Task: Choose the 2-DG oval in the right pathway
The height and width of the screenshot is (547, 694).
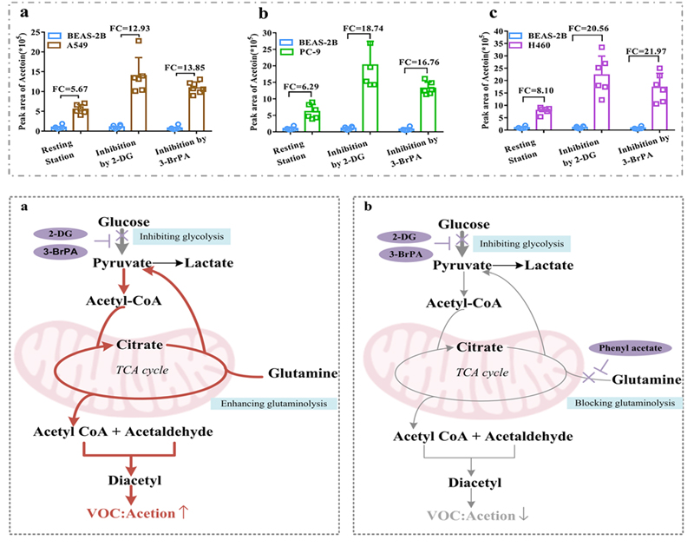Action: (406, 237)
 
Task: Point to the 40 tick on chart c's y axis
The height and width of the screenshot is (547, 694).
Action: (500, 32)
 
